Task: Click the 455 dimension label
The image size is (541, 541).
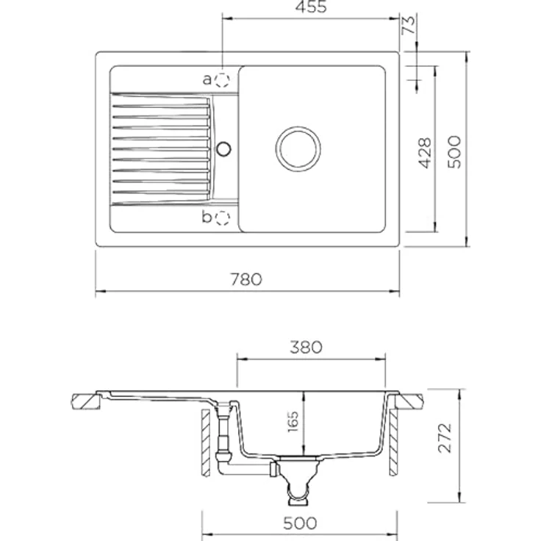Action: (x=311, y=7)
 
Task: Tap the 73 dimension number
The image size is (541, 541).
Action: (x=409, y=24)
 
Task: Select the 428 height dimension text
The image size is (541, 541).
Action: (x=425, y=153)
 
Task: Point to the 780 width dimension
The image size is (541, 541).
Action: (x=246, y=279)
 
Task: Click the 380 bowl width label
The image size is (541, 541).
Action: (x=306, y=347)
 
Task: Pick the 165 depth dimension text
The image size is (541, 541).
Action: (x=293, y=421)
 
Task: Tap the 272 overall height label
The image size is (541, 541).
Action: (x=445, y=438)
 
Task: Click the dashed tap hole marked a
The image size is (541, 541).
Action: (x=222, y=80)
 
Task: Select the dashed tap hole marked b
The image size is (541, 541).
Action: (x=222, y=218)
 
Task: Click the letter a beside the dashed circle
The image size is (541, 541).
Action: (x=207, y=80)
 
